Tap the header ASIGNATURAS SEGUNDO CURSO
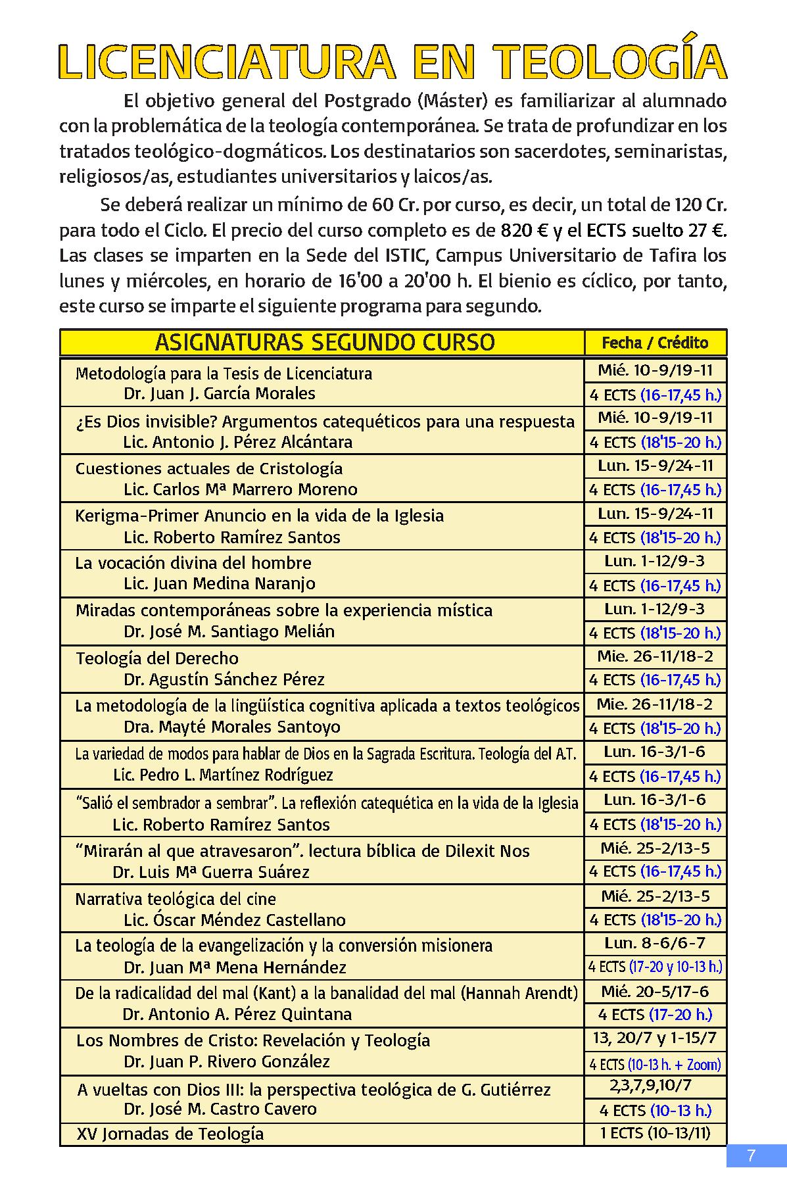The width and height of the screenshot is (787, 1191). pos(325,343)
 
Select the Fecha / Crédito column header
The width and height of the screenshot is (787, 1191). pos(655,343)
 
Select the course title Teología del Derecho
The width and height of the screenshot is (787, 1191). pos(157,658)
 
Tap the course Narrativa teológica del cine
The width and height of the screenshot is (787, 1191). pos(176,898)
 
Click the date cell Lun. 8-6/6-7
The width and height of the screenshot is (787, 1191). pos(655,943)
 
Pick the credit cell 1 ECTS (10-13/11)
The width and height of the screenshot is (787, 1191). pos(655,1133)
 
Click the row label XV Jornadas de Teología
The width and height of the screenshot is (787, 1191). pos(170,1133)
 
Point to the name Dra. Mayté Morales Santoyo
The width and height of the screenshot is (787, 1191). pos(232,727)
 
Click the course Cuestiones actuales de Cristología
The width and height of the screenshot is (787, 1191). pos(209,468)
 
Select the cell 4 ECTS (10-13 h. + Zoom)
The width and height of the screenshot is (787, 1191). pos(655,1064)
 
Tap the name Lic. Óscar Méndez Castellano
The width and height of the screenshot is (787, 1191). pos(235,919)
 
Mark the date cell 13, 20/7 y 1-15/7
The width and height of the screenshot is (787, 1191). pos(655,1039)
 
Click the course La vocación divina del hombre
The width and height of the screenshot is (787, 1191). pos(193,563)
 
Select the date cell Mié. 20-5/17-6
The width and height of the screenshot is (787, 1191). pos(655,991)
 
